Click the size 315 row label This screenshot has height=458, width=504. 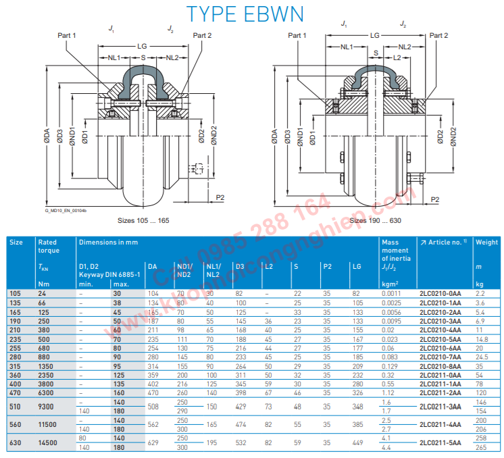point(16,365)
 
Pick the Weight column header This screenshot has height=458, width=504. point(486,242)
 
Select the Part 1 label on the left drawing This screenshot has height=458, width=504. point(67,35)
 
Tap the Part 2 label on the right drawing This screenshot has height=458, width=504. point(438,35)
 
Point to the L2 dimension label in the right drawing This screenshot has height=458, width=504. point(397,58)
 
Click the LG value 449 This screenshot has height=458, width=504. point(357,442)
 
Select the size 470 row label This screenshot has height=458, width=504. point(16,391)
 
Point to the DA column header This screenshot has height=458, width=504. point(152,266)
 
